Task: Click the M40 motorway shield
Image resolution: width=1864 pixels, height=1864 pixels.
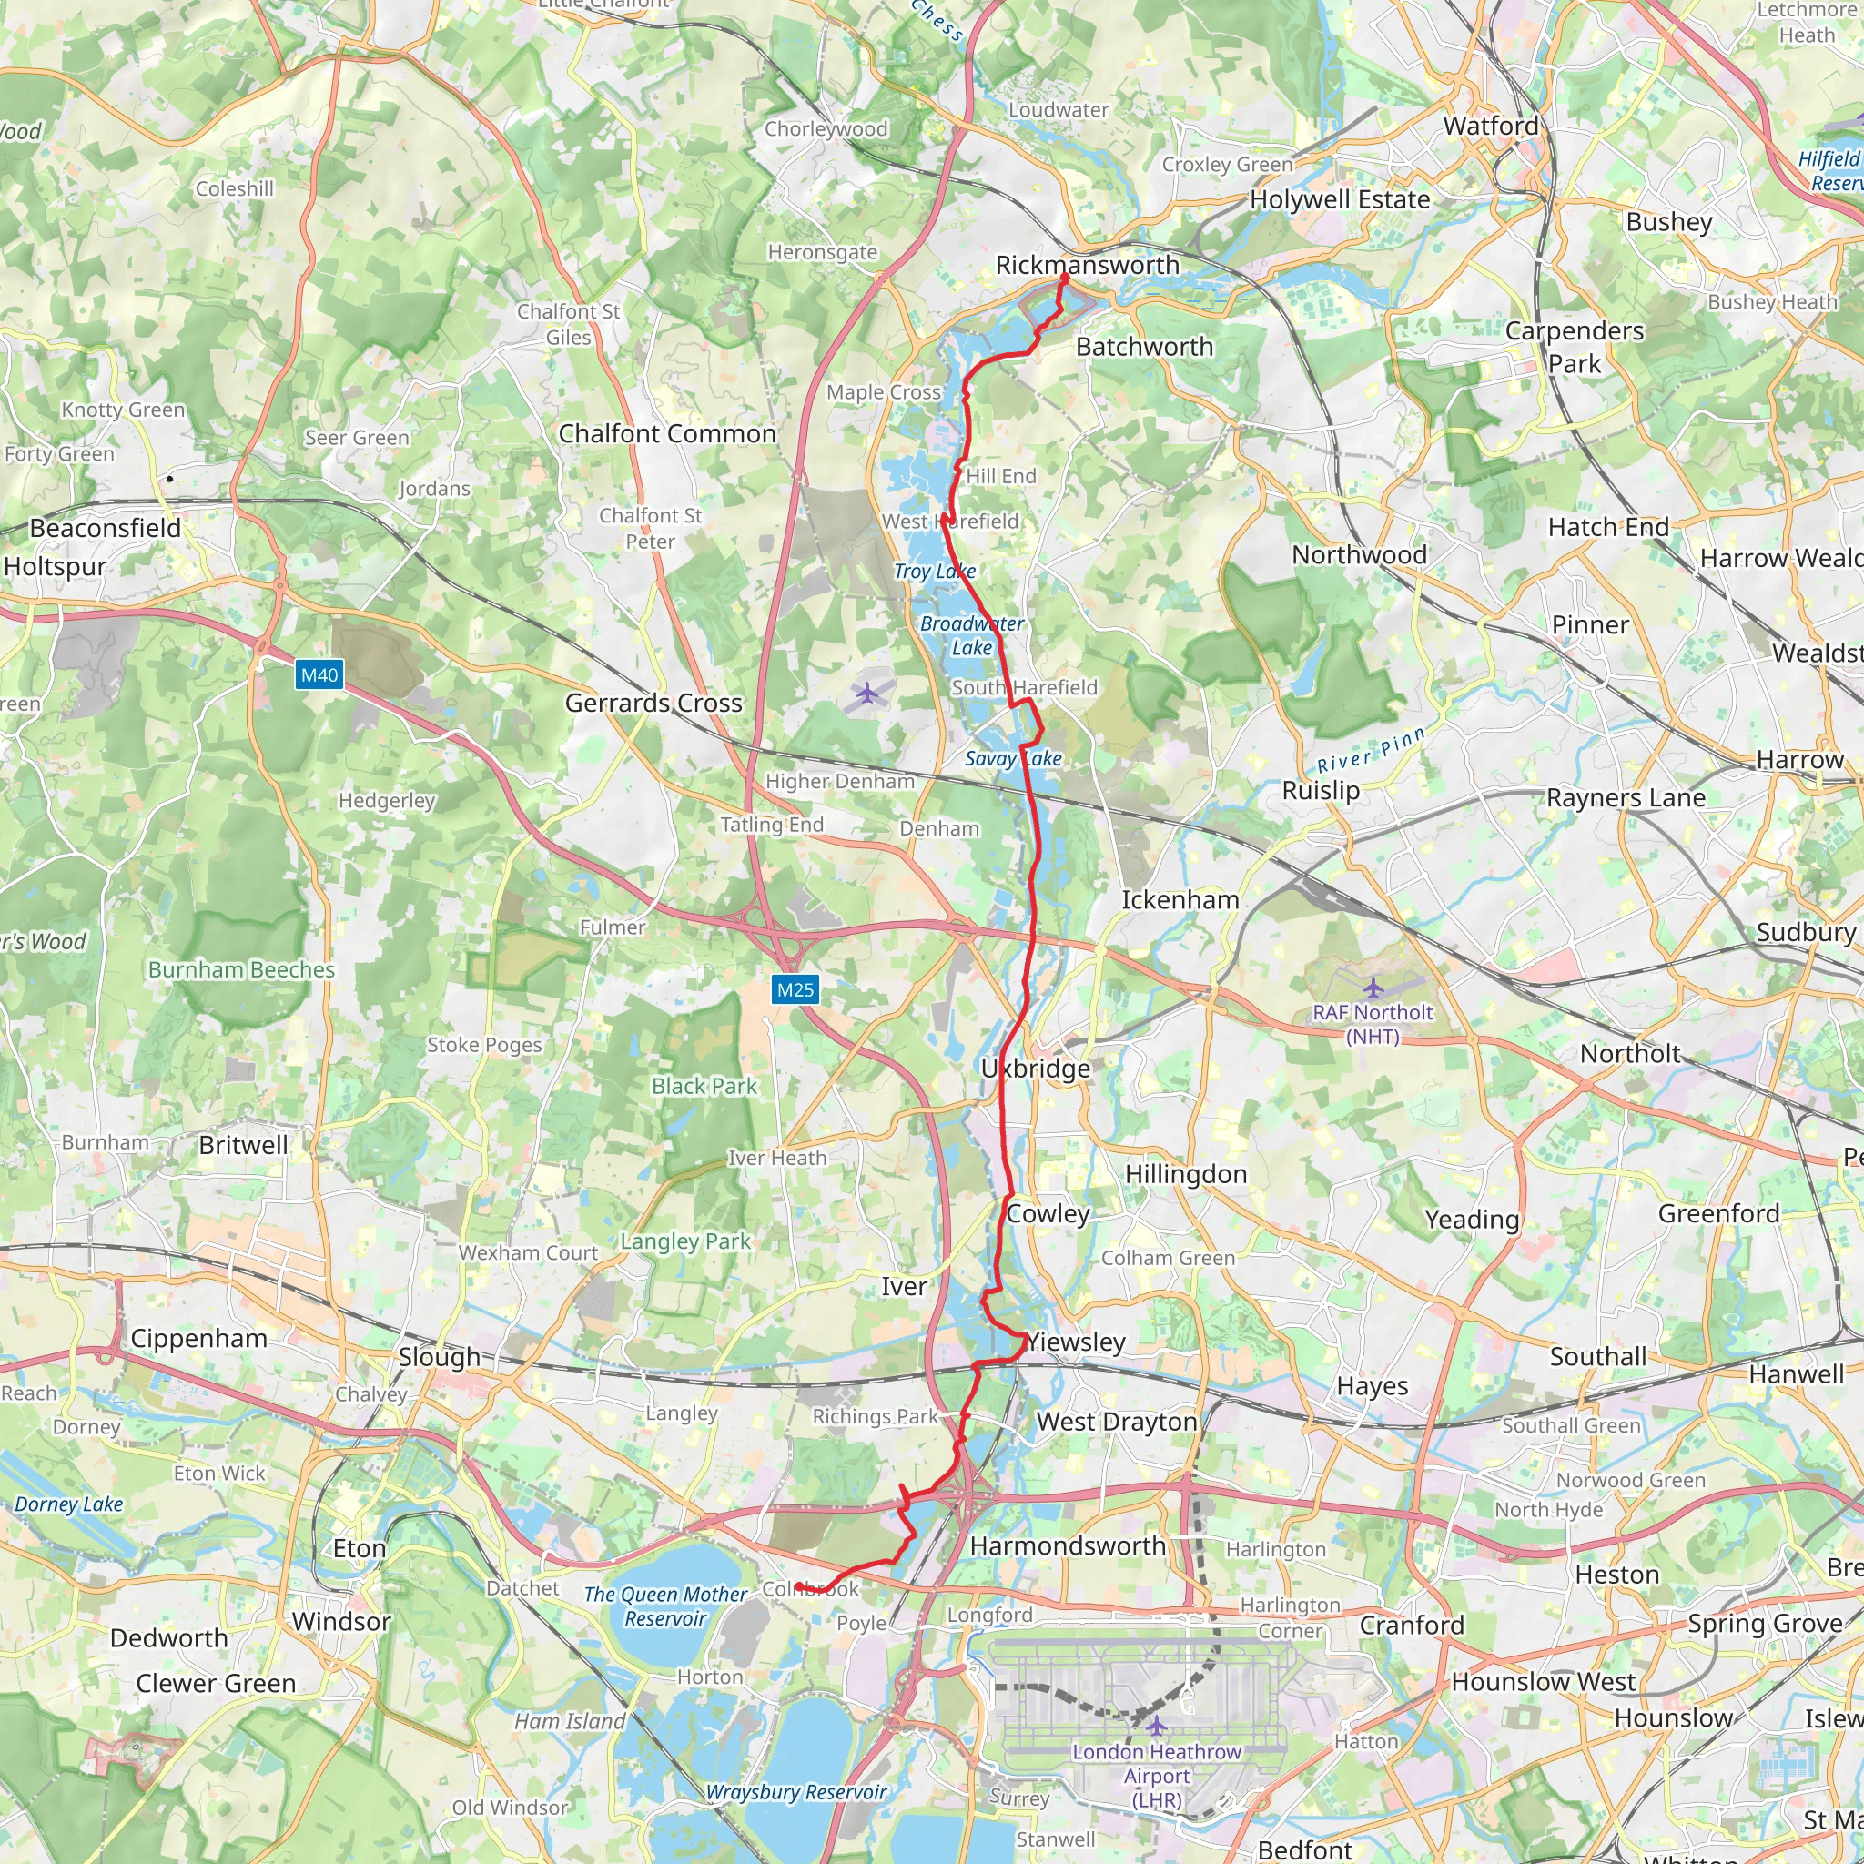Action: pos(319,674)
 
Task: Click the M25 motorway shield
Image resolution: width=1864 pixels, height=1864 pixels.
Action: pos(795,989)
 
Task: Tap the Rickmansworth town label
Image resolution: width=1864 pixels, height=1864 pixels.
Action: pos(1087,266)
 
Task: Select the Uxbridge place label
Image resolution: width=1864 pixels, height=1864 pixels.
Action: pos(1035,1068)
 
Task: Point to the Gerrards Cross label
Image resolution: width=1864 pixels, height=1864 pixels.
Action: pos(653,703)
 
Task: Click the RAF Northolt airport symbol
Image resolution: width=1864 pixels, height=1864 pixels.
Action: pos(1372,988)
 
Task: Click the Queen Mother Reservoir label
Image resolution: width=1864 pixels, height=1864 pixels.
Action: pos(665,1606)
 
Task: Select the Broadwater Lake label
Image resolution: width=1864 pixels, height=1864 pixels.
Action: pos(971,635)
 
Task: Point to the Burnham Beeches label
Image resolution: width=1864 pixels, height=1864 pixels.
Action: pos(241,969)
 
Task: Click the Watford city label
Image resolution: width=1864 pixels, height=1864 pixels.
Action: pos(1491,127)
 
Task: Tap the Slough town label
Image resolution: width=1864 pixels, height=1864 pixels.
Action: pos(439,1356)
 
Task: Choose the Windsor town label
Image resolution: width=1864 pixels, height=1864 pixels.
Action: pos(340,1621)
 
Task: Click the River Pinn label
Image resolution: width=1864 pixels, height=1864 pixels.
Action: pos(1371,752)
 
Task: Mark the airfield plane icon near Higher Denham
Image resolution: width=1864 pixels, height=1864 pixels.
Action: pos(867,692)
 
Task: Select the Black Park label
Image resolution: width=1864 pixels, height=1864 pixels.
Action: pos(704,1087)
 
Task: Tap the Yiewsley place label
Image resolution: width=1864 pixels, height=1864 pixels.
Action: pos(1075,1342)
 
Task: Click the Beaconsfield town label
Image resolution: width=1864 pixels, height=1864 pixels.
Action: pos(106,529)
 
